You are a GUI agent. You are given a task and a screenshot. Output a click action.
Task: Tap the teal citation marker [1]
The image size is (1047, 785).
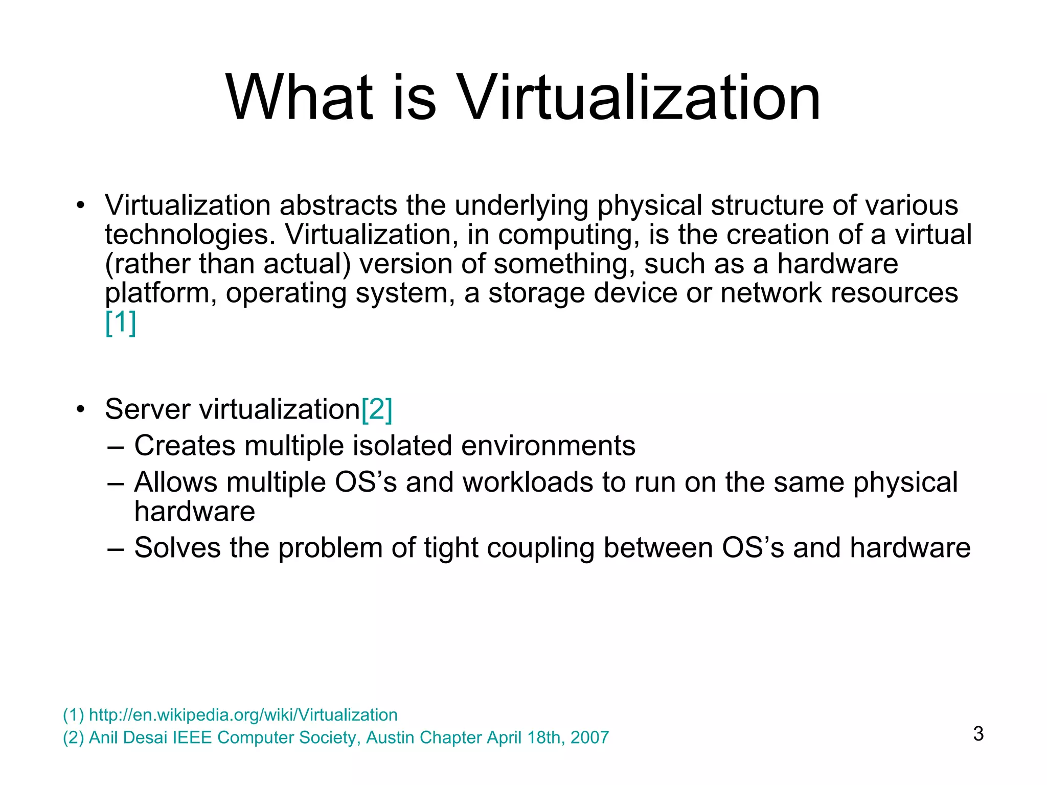[x=121, y=322]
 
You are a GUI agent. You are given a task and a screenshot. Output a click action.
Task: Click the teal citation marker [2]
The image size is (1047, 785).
[x=377, y=409]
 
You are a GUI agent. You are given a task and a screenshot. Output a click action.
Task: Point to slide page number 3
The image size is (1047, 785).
[x=978, y=733]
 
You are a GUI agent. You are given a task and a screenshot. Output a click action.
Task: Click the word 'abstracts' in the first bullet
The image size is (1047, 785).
[x=338, y=205]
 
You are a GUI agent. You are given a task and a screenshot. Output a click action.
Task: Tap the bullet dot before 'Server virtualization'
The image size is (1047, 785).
[x=80, y=410]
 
